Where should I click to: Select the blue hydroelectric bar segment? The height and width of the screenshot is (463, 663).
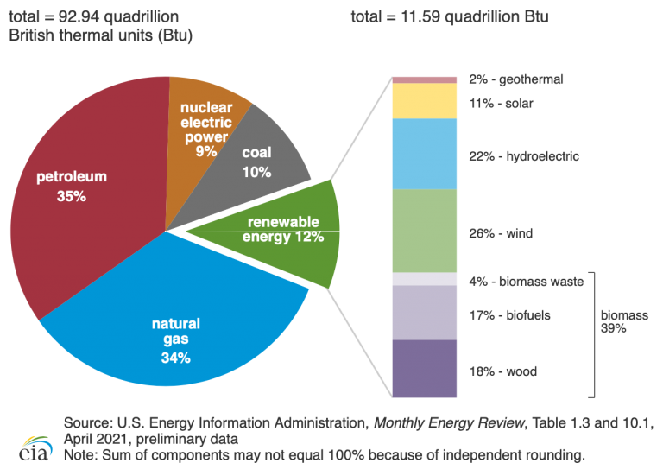coord(424,155)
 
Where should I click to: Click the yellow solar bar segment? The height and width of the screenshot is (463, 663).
coord(424,101)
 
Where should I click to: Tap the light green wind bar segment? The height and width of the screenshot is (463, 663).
coord(424,231)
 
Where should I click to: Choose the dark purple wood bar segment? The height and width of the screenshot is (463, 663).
coord(424,369)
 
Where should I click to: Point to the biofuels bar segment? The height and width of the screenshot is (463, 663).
coord(424,313)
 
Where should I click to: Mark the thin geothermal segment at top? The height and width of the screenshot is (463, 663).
coord(424,79)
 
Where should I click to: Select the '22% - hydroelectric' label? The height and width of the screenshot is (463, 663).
coord(523,156)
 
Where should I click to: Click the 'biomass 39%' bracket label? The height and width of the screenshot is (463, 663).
coord(624,321)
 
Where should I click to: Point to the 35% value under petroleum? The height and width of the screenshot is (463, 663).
coord(72,196)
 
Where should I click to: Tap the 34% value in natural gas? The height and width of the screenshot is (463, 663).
coord(175,357)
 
